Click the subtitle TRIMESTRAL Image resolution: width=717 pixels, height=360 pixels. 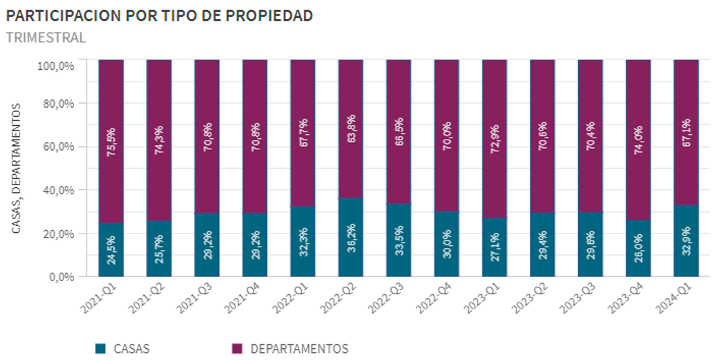pyautogui.click(x=46, y=37)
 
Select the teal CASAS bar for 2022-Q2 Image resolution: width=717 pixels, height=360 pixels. pyautogui.click(x=351, y=237)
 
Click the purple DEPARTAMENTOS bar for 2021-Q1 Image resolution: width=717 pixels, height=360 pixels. pyautogui.click(x=111, y=142)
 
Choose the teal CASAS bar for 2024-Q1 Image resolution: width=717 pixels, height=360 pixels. pyautogui.click(x=686, y=241)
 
